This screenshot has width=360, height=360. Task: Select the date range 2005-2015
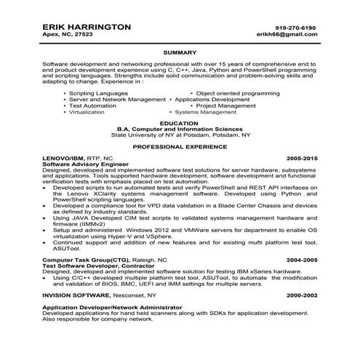[x=303, y=158]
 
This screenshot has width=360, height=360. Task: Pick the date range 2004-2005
[x=303, y=259]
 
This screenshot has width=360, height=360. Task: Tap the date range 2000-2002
[x=303, y=296]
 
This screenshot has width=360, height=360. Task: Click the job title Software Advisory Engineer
[x=81, y=164]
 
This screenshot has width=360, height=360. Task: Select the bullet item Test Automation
[x=90, y=105]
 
